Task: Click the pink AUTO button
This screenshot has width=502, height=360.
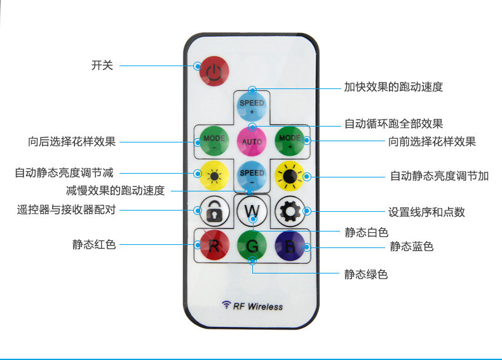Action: click(x=252, y=139)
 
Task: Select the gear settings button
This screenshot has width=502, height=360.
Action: click(x=290, y=211)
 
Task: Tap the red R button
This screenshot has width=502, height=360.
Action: click(x=214, y=245)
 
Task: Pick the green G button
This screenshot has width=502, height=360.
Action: click(x=252, y=245)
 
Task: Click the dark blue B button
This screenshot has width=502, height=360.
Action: click(x=290, y=245)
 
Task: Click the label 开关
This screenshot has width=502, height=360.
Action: click(x=102, y=65)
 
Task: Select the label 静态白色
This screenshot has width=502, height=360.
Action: click(x=366, y=232)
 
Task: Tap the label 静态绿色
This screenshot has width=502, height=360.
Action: click(x=366, y=274)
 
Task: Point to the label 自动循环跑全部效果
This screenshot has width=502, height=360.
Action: click(x=393, y=123)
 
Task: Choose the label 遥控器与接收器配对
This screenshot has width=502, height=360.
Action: click(x=66, y=209)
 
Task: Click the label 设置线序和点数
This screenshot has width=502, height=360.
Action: click(x=426, y=212)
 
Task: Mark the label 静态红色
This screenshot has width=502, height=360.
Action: click(x=94, y=244)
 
